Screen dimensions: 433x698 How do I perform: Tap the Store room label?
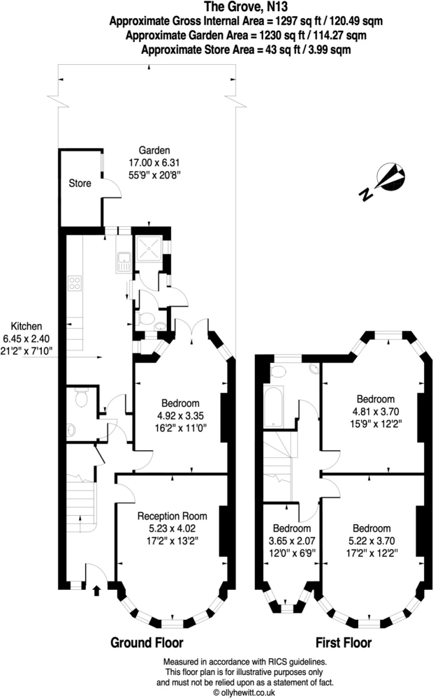point(80,183)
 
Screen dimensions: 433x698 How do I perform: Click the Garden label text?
point(154,150)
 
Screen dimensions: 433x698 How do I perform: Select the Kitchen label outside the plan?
point(27,326)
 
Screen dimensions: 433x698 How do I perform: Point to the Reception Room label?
point(172,516)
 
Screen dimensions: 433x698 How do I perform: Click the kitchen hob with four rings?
point(75,283)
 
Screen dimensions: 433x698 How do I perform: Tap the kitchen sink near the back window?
point(124,261)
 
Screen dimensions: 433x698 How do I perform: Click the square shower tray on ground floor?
point(149,249)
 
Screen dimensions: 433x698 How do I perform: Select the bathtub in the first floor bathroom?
point(274,407)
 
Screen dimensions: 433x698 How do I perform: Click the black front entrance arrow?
point(96,591)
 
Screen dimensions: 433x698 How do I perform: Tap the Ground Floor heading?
point(147,643)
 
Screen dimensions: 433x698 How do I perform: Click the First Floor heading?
point(344,643)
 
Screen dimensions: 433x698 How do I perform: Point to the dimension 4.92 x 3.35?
point(180,416)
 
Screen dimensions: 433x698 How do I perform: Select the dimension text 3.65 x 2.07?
point(292,541)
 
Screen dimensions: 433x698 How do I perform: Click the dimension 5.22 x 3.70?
point(372,541)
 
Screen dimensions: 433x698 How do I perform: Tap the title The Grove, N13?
point(246,7)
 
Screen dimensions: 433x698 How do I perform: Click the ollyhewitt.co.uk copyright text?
point(244,692)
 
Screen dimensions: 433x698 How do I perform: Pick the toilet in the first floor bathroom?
point(279,371)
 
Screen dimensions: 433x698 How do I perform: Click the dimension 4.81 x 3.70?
point(376,411)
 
